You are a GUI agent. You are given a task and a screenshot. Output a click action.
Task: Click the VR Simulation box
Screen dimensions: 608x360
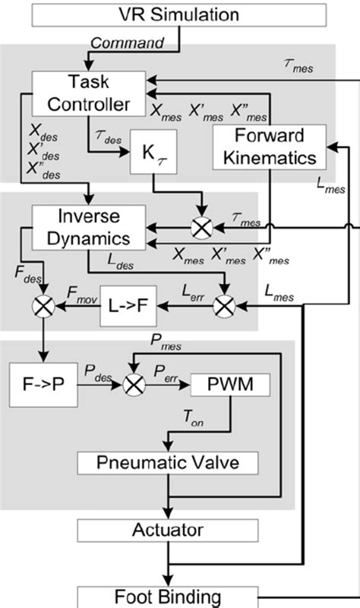click(x=179, y=14)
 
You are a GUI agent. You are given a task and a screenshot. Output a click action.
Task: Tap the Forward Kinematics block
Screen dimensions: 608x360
click(x=270, y=147)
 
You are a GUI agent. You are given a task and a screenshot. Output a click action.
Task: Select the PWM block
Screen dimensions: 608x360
click(x=230, y=386)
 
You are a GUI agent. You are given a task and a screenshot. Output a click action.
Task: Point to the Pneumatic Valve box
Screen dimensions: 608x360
click(x=167, y=462)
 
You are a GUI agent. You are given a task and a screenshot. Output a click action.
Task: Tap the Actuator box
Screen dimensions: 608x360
click(x=167, y=528)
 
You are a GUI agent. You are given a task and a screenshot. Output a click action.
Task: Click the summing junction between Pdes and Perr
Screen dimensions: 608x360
click(x=135, y=386)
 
